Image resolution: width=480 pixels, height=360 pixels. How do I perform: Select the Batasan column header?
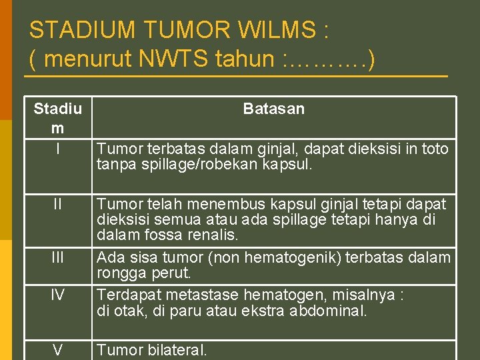273,109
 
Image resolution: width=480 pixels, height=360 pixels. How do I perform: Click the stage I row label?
58,149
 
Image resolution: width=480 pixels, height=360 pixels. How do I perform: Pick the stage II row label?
58,203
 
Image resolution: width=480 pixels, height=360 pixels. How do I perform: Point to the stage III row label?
58,257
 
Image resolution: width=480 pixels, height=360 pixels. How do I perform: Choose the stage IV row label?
58,294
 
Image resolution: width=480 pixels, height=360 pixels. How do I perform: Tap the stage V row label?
58,349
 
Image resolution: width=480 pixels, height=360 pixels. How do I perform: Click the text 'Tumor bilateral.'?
152,349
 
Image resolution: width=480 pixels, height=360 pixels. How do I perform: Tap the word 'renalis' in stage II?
217,235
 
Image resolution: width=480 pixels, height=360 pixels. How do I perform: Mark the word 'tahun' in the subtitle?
244,59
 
